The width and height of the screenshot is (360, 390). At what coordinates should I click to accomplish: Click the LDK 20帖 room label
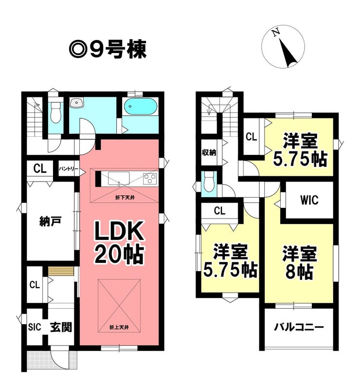[x=119, y=242]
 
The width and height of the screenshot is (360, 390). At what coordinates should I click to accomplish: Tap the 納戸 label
[x=51, y=221]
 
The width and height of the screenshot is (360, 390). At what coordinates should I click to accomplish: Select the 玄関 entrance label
[x=61, y=327]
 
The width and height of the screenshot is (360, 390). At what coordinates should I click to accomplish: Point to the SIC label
[x=35, y=327]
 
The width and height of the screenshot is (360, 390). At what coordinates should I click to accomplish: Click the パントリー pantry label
[x=69, y=169]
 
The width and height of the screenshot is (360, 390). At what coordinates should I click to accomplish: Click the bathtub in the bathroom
[x=141, y=107]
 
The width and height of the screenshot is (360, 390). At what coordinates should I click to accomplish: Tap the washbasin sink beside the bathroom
[x=76, y=102]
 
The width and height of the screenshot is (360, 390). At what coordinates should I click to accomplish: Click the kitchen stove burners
[x=150, y=179]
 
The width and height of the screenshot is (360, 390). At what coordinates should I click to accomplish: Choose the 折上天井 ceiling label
[x=119, y=328]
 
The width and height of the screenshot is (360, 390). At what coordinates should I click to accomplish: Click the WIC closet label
[x=309, y=200]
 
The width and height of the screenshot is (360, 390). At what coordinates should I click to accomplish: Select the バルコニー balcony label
[x=299, y=327]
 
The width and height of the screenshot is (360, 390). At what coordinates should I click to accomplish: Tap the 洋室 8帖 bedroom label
[x=299, y=262]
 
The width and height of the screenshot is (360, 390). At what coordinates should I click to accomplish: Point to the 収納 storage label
[x=209, y=152]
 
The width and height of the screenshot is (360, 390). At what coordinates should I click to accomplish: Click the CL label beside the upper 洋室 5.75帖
[x=252, y=137]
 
